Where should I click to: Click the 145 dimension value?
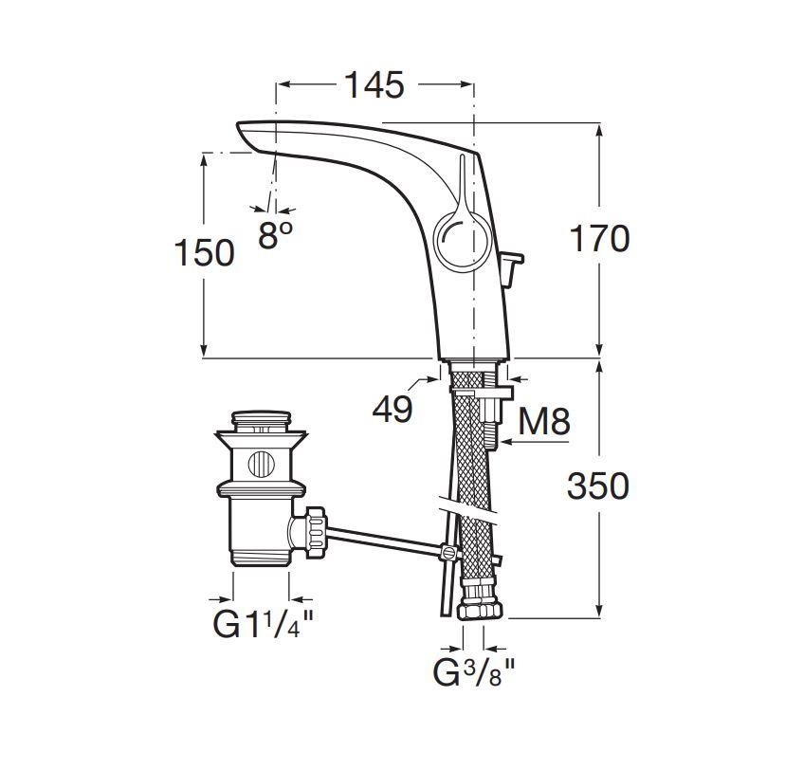pyautogui.click(x=374, y=84)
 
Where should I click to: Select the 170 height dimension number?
pyautogui.click(x=600, y=238)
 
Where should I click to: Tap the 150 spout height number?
pyautogui.click(x=204, y=252)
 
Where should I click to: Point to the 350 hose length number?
pyautogui.click(x=598, y=486)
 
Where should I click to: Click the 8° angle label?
pyautogui.click(x=275, y=234)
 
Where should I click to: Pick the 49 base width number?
pyautogui.click(x=392, y=410)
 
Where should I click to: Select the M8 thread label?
pyautogui.click(x=544, y=421)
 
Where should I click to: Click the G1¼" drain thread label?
pyautogui.click(x=264, y=624)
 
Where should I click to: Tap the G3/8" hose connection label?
pyautogui.click(x=474, y=673)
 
